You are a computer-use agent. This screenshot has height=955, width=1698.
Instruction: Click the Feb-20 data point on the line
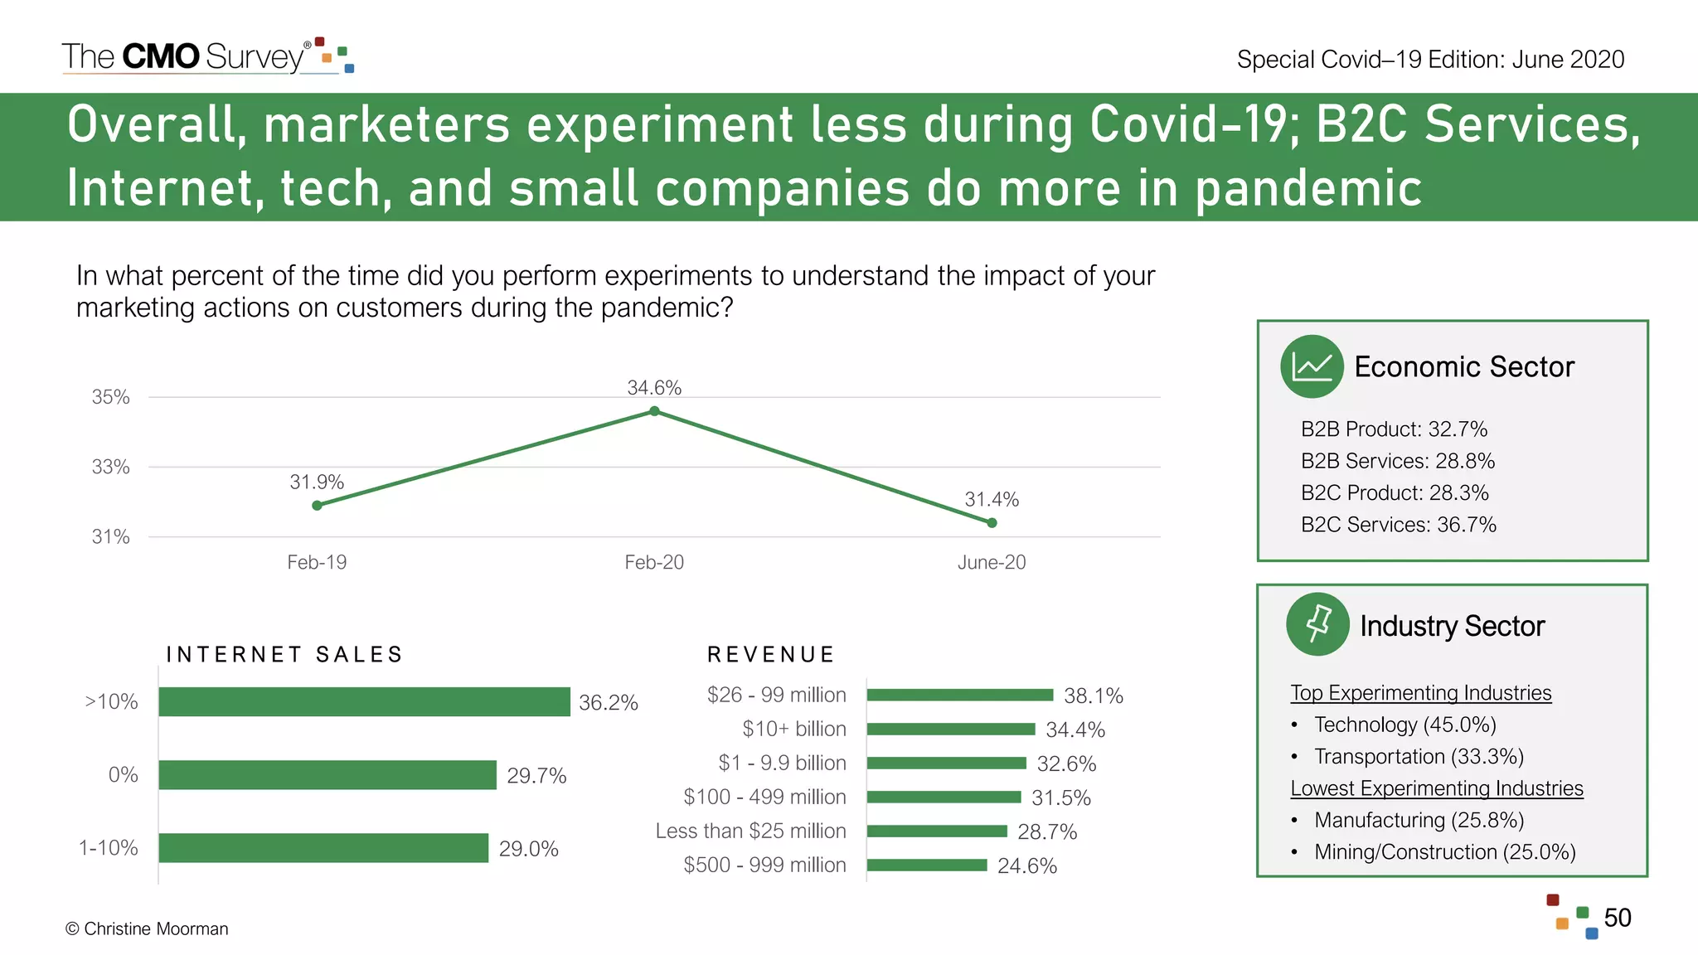pyautogui.click(x=654, y=411)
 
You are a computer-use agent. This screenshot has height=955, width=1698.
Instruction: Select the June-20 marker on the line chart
pyautogui.click(x=992, y=522)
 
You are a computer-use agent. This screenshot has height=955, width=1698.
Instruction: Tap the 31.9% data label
pyautogui.click(x=316, y=482)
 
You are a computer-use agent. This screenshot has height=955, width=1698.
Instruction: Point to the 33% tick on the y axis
pyautogui.click(x=110, y=467)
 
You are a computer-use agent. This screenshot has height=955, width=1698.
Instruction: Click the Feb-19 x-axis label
pyautogui.click(x=317, y=562)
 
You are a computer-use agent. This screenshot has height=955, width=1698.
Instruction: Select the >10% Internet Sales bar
pyautogui.click(x=364, y=701)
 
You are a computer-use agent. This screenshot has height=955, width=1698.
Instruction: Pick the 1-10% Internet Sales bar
pyautogui.click(x=323, y=847)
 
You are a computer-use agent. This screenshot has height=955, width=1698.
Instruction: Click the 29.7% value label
pyautogui.click(x=536, y=775)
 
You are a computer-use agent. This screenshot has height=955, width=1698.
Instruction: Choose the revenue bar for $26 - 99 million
pyautogui.click(x=959, y=695)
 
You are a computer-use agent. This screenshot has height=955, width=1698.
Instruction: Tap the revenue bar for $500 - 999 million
pyautogui.click(x=927, y=865)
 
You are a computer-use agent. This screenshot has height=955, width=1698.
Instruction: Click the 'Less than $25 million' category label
pyautogui.click(x=750, y=831)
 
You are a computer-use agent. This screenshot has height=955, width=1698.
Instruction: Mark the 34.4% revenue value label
pyautogui.click(x=1075, y=730)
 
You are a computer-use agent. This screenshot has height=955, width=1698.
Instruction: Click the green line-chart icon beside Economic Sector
pyautogui.click(x=1312, y=366)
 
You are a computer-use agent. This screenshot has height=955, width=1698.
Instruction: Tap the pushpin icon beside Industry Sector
pyautogui.click(x=1317, y=624)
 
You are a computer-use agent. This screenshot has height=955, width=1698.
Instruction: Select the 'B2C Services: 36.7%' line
pyautogui.click(x=1398, y=525)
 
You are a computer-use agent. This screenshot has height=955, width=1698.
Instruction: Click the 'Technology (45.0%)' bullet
pyautogui.click(x=1404, y=725)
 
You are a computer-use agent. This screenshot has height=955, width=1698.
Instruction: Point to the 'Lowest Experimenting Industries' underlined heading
pyautogui.click(x=1436, y=788)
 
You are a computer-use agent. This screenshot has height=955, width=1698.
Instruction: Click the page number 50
pyautogui.click(x=1617, y=918)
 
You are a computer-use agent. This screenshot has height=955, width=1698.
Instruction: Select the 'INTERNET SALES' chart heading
pyautogui.click(x=284, y=654)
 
